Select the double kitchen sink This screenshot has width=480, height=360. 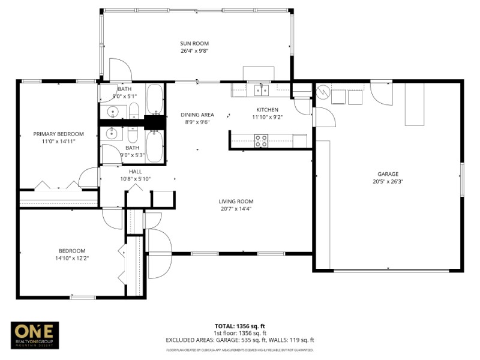click(x=262, y=90)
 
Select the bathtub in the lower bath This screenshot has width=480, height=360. click(x=155, y=146)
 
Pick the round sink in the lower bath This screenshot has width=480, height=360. click(x=112, y=133)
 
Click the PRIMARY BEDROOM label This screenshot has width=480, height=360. click(x=58, y=134)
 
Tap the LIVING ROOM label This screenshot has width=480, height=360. click(x=236, y=202)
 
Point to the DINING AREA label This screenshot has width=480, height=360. click(x=197, y=115)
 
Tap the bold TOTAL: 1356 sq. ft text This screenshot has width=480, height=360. click(x=240, y=326)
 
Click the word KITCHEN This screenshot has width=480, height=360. click(x=267, y=110)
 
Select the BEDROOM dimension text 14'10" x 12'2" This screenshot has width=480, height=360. click(x=71, y=258)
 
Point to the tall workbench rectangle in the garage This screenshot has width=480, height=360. click(x=414, y=103)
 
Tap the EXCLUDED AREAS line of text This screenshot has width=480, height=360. click(x=240, y=340)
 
